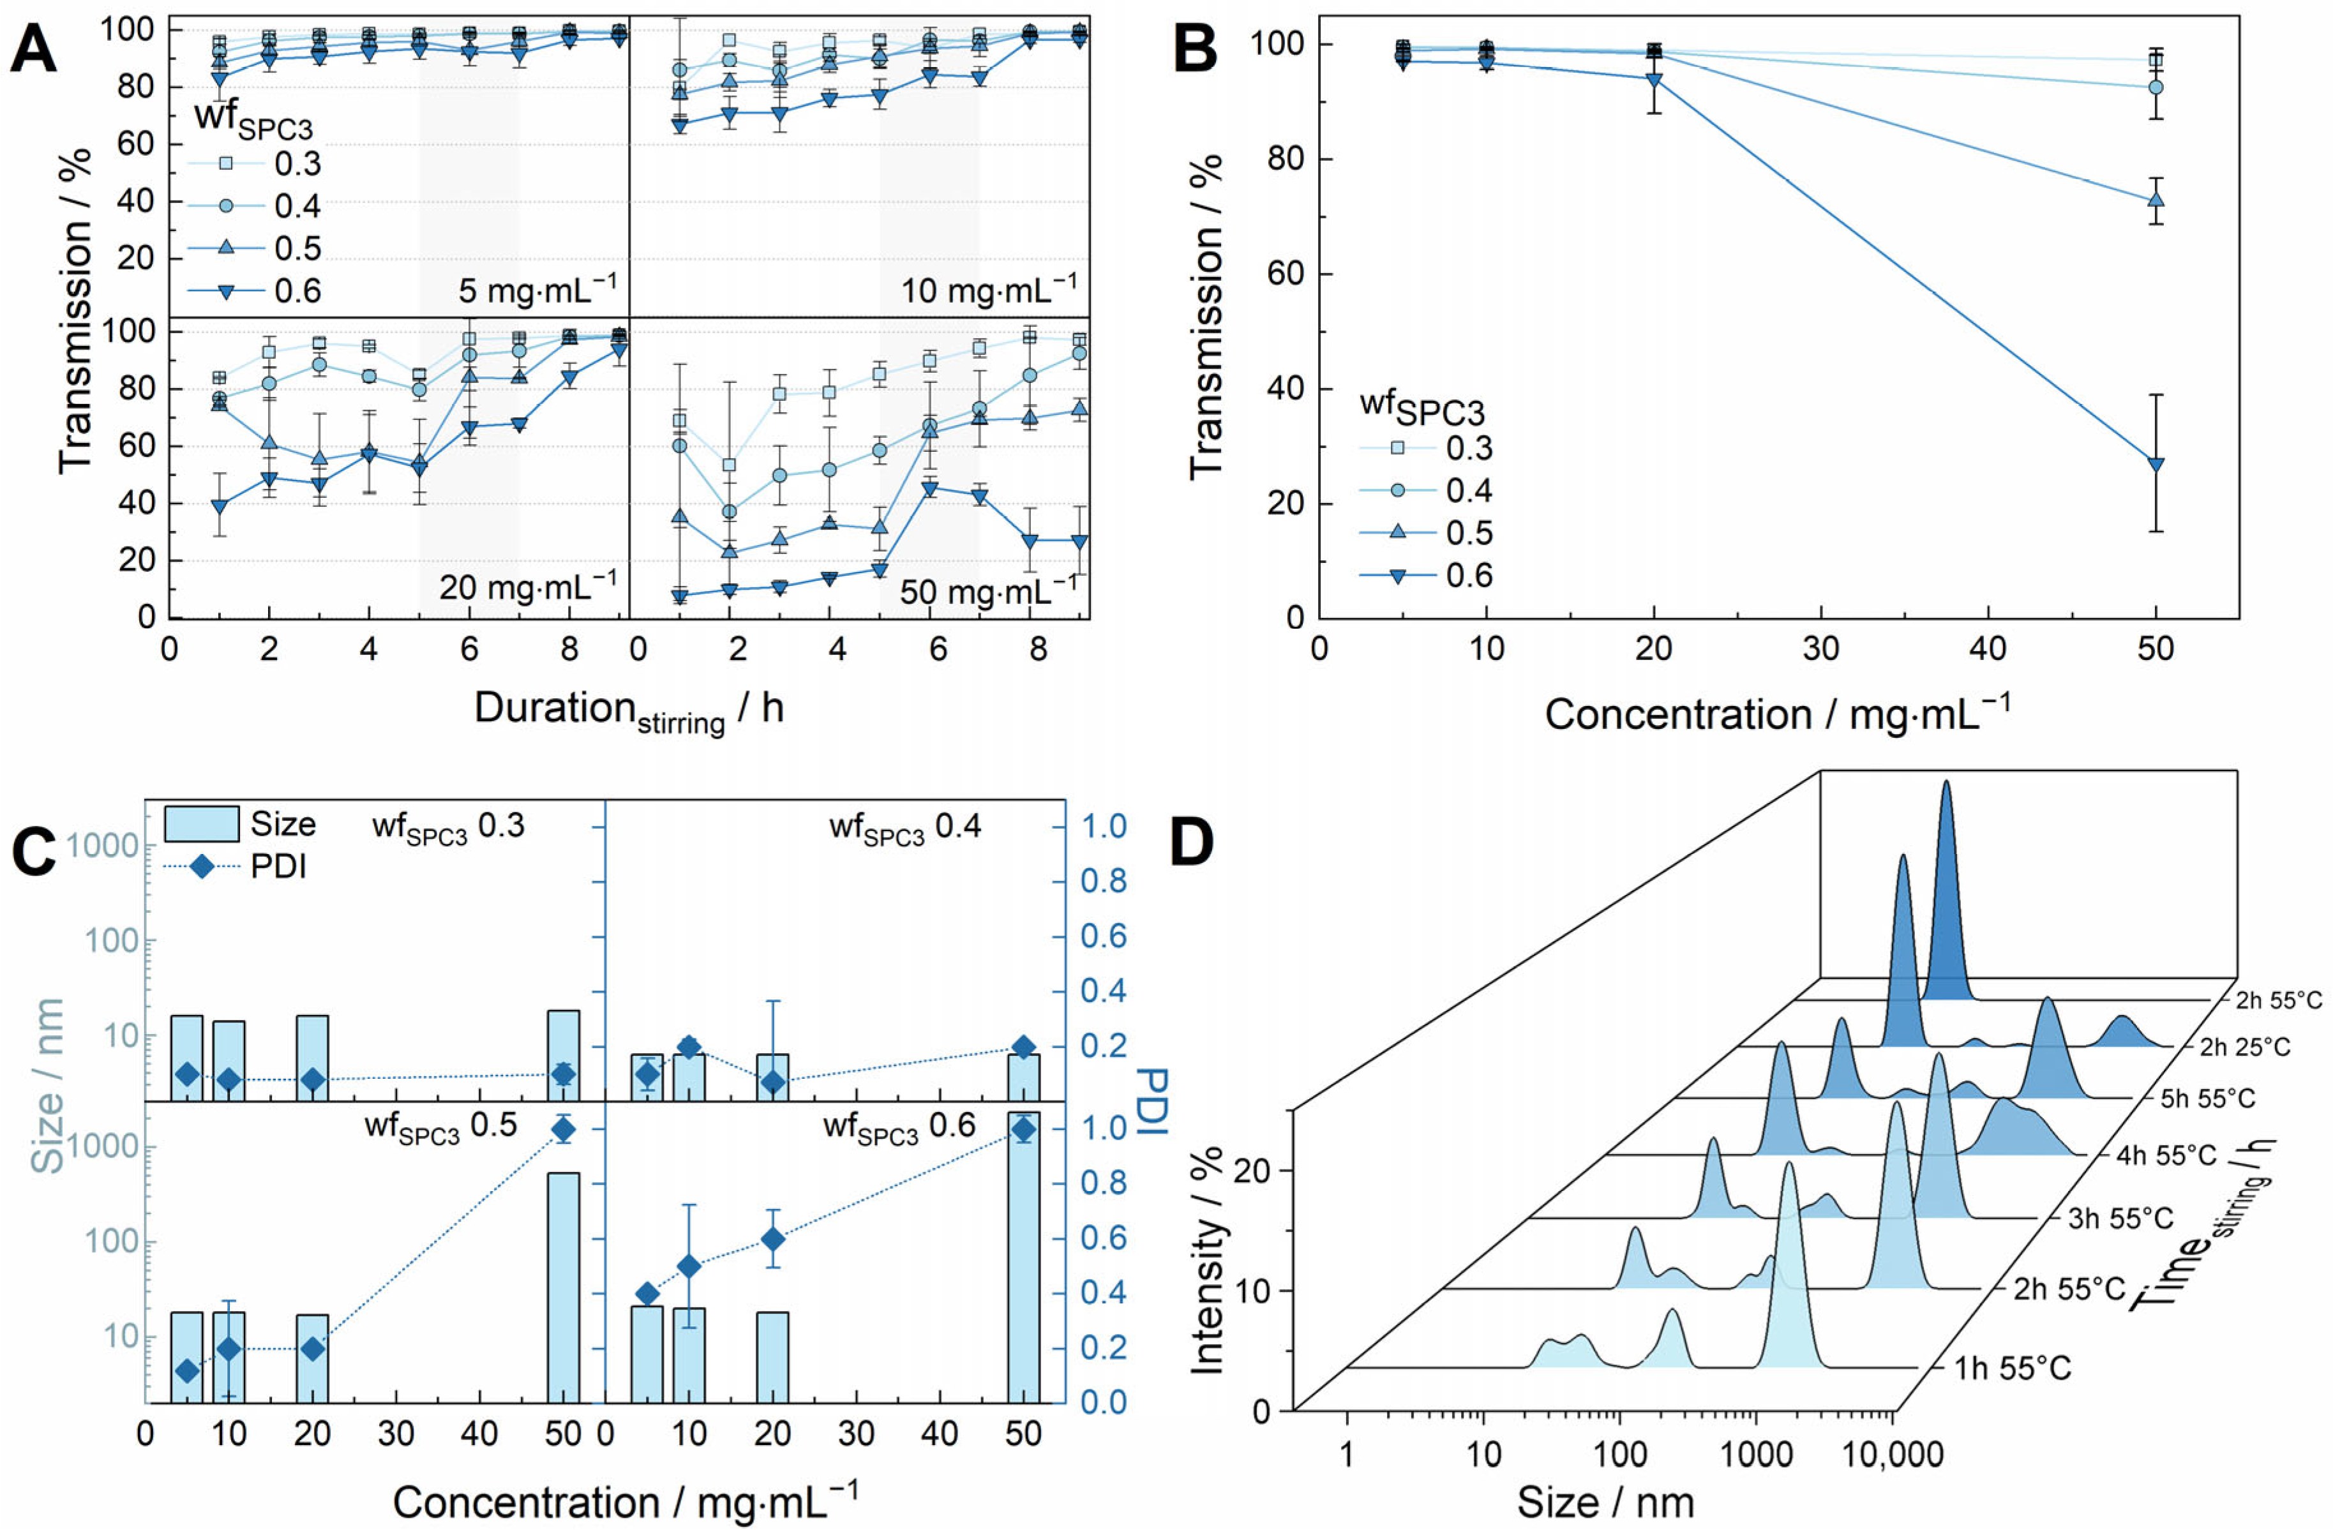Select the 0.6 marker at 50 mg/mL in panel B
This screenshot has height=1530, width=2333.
tap(2156, 465)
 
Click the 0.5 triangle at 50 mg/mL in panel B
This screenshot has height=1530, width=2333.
tap(2156, 200)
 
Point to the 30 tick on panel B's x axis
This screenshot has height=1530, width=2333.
tap(1821, 649)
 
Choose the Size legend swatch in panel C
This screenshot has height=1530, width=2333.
tap(201, 824)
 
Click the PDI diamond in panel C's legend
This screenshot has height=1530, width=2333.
tap(201, 866)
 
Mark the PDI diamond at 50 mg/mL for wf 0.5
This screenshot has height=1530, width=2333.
tap(564, 1129)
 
